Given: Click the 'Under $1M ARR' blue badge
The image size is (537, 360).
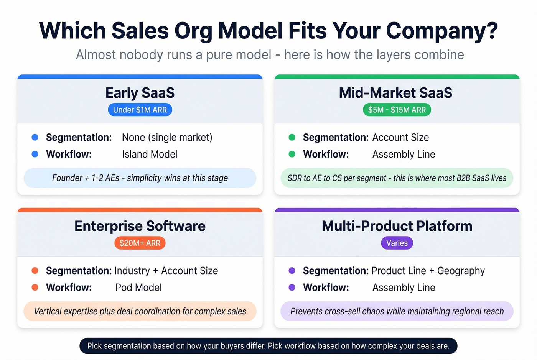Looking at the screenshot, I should pos(140,110).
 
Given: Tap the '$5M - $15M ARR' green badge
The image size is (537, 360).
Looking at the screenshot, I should pos(397,110).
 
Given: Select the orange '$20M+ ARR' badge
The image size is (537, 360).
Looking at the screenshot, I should pos(140,243).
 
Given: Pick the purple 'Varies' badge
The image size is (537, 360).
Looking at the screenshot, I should pos(397,243).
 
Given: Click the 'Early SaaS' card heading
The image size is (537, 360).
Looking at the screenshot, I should pos(140,93).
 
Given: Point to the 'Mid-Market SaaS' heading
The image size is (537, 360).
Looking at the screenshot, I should pos(395,93).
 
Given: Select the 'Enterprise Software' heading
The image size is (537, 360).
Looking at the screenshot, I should pos(140,226).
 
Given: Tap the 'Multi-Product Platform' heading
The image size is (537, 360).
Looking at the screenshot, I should pos(397,226).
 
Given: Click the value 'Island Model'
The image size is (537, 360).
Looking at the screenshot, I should pos(150,155).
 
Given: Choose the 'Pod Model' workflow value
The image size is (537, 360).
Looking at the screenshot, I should pos(138,288).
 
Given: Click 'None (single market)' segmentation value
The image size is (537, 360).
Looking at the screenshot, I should pos(167,138).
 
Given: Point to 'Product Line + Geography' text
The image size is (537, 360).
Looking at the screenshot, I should pos(428,271).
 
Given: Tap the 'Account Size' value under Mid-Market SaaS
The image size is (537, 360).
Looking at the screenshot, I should pos(400,138).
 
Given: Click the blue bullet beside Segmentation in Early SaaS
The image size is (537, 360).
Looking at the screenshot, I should pos(35,137).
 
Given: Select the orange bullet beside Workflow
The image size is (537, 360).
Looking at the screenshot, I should pos(35,288).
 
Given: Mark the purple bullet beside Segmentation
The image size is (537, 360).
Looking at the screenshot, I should pos(292,271).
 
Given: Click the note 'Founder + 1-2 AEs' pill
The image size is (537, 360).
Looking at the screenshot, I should pos(140,178).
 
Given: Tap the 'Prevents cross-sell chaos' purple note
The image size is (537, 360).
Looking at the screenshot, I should pos(397,311).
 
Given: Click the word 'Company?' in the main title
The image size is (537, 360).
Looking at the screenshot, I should pos(441,31).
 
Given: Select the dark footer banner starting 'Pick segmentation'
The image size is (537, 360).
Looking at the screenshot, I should pos(268,346).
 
